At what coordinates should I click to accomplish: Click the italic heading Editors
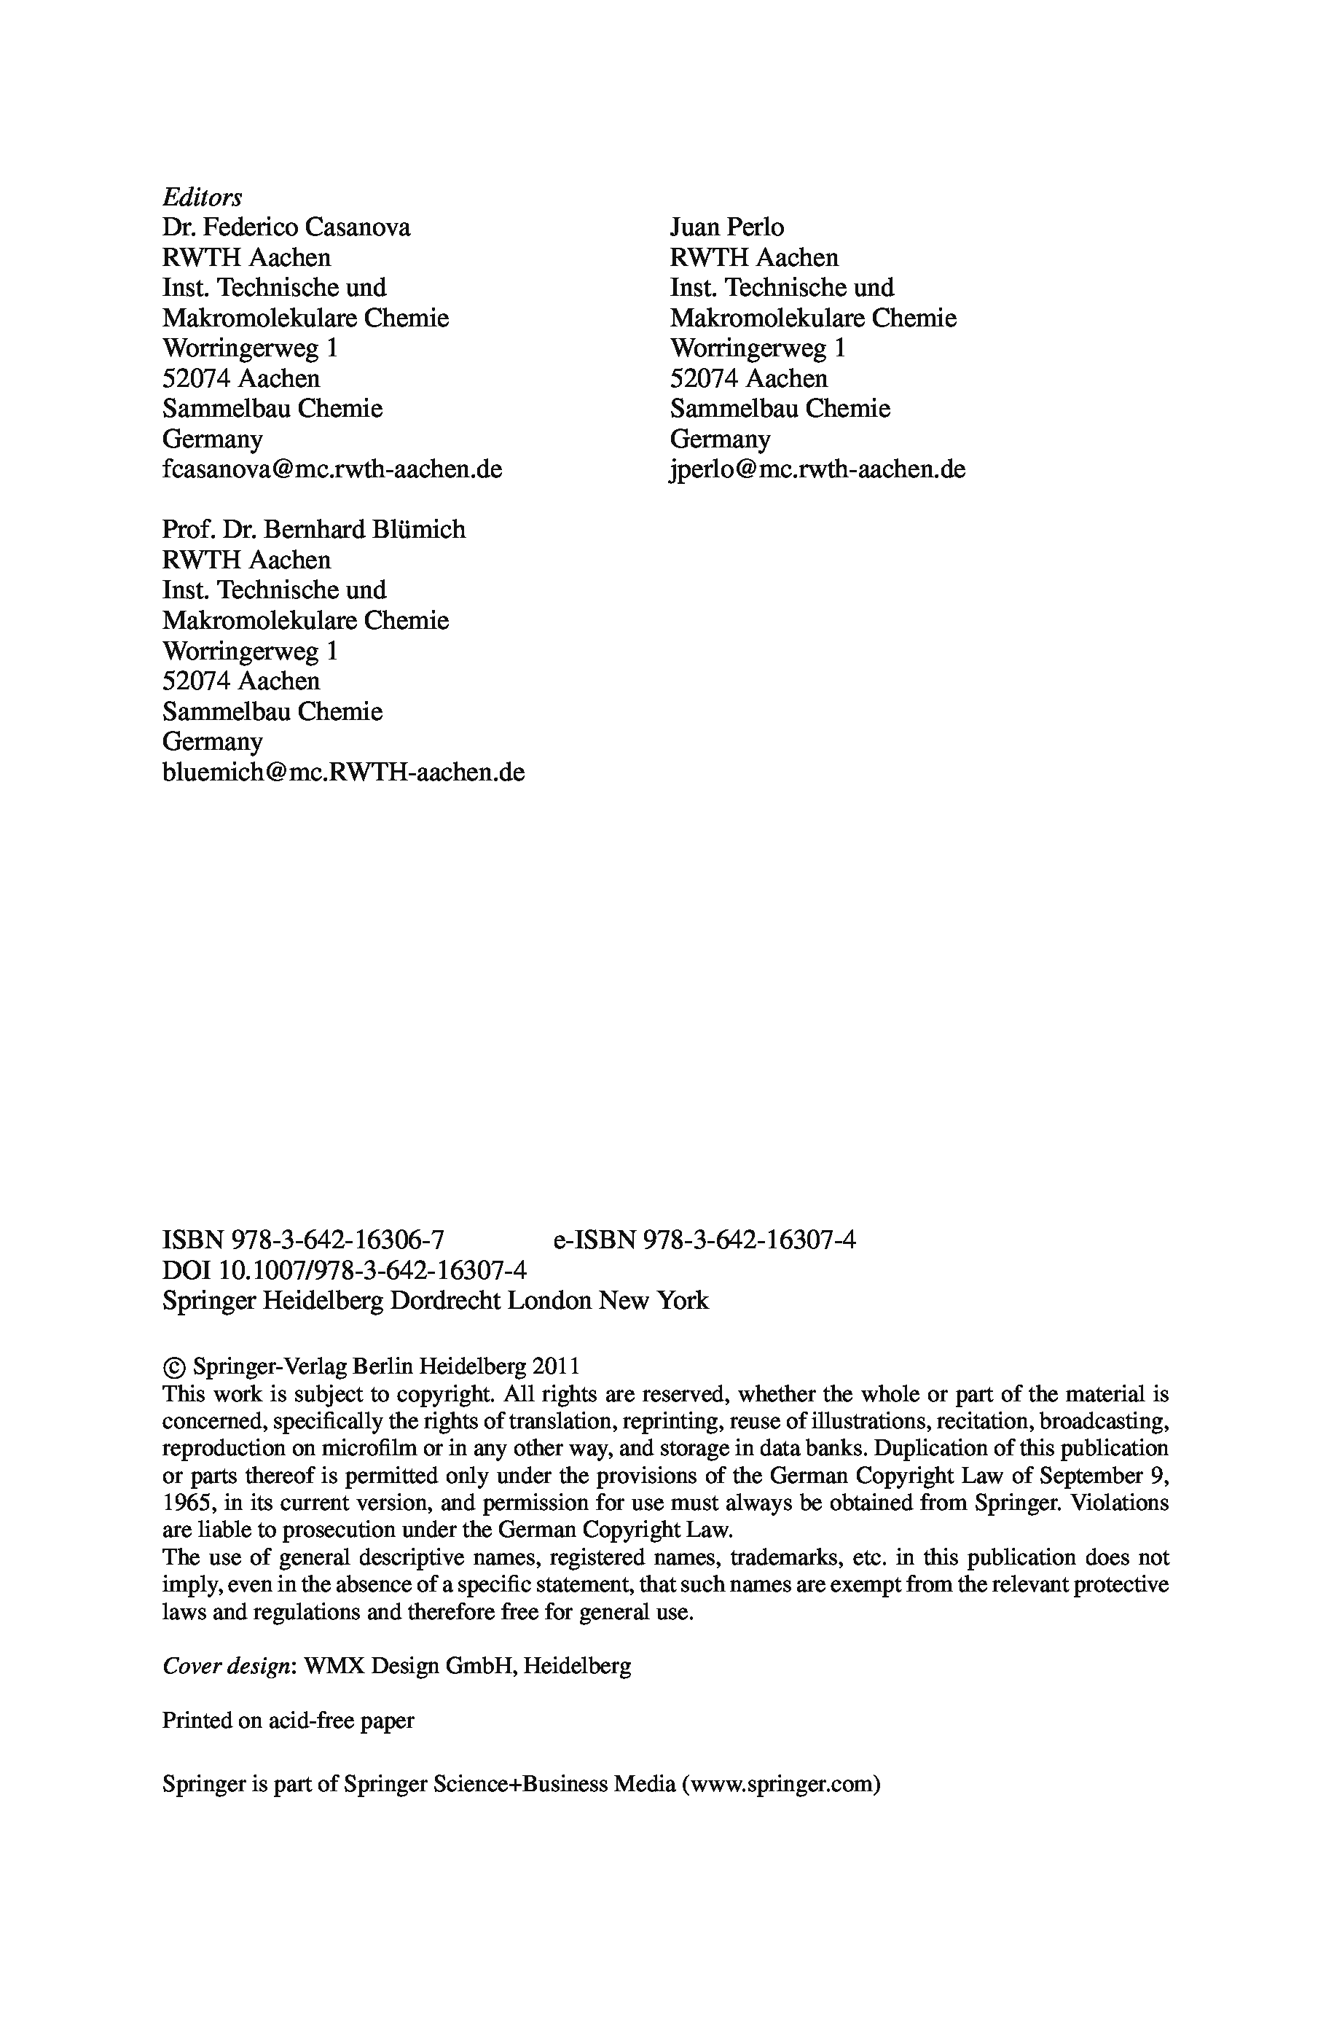point(202,197)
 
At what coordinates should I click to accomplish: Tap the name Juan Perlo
point(726,227)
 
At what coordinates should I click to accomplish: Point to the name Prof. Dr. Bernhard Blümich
point(314,529)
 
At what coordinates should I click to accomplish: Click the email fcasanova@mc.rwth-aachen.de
point(331,469)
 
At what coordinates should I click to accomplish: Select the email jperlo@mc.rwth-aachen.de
point(817,469)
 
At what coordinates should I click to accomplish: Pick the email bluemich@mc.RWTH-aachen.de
point(343,772)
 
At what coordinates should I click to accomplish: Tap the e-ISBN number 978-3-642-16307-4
point(750,1240)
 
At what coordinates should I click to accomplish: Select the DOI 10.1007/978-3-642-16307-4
point(372,1270)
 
